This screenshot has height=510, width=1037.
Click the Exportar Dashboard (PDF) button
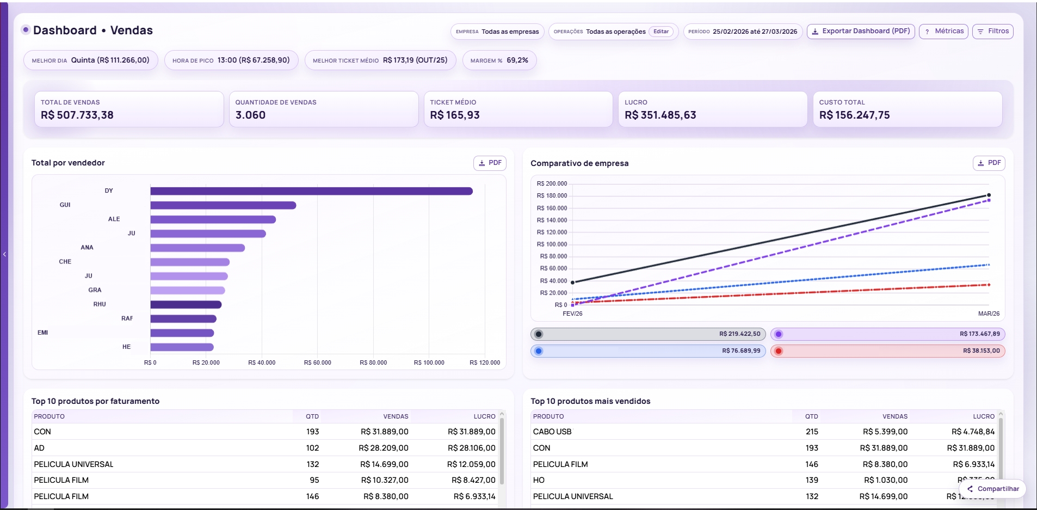coord(860,32)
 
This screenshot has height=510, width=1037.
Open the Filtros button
coord(993,32)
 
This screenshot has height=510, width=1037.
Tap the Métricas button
coord(943,32)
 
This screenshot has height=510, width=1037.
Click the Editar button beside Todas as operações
coord(661,32)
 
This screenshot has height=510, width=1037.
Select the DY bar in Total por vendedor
coord(311,191)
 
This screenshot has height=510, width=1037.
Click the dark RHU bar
coord(186,305)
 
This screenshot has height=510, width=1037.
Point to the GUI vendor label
coord(65,205)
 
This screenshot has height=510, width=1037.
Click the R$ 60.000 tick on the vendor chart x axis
coord(317,362)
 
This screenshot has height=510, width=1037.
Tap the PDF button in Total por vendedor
coord(490,163)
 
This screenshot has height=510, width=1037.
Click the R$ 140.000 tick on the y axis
coord(552,220)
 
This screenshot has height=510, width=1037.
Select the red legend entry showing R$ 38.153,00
coord(887,351)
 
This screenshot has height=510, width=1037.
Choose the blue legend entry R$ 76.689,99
coord(648,351)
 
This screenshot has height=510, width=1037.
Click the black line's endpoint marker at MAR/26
coord(989,195)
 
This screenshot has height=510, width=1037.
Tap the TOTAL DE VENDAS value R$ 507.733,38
coord(77,115)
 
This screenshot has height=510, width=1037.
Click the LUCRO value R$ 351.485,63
coord(660,115)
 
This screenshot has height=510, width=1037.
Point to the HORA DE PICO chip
coord(231,60)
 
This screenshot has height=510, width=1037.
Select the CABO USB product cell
coord(552,432)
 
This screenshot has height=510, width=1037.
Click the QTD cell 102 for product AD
coord(312,448)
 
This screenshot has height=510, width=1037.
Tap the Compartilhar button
coord(993,489)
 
